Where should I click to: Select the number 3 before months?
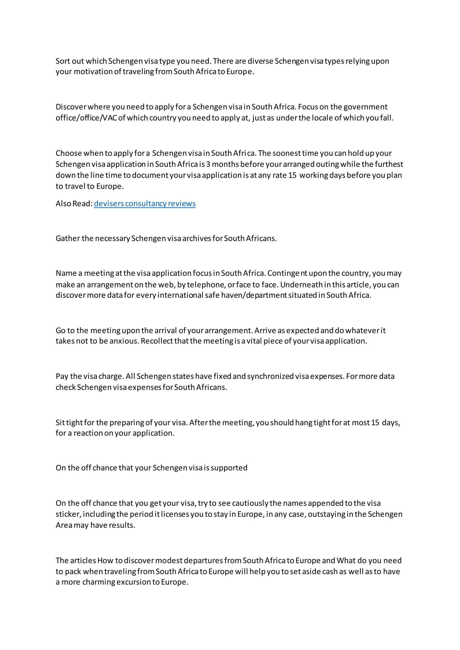tap(208, 164)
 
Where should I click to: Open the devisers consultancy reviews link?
tap(144, 204)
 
